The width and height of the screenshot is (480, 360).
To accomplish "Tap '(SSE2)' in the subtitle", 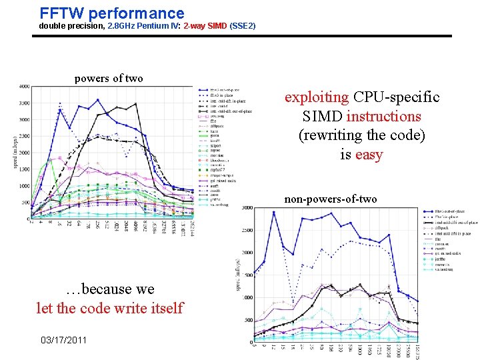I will [243, 26].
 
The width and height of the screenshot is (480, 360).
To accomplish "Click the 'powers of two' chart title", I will [109, 79].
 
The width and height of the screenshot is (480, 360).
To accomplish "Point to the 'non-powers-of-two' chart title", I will [331, 199].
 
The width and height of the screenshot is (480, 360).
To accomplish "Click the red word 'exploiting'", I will [317, 97].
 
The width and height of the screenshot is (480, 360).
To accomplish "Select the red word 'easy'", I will [369, 155].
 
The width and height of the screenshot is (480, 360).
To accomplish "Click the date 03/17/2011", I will [64, 340].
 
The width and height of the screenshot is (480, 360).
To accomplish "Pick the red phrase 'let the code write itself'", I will [109, 308].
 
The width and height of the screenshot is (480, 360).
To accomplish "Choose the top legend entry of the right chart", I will [450, 211].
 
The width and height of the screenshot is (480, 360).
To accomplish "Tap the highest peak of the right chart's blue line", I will [274, 212].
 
